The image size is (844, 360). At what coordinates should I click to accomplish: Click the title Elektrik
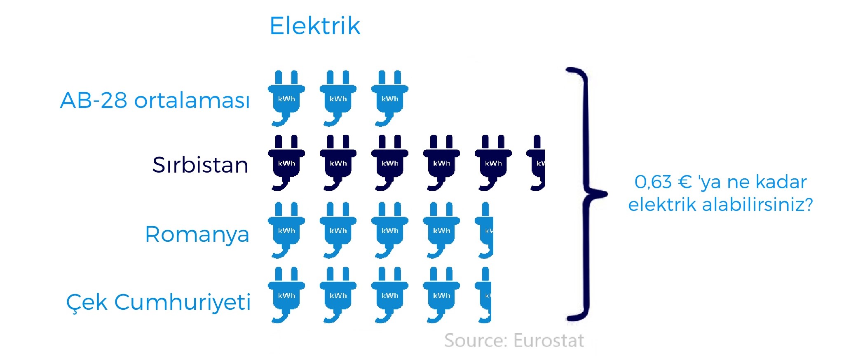(x=315, y=26)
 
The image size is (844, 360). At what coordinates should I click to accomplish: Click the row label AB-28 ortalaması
(x=155, y=100)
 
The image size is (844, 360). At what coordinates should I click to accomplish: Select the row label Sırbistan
(x=200, y=165)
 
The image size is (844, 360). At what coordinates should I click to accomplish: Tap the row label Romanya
(x=197, y=234)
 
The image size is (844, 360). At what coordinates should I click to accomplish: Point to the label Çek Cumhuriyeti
(x=158, y=302)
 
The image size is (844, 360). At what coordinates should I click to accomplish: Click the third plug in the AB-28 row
(x=389, y=98)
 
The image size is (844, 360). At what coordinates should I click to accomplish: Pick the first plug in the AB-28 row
(x=286, y=98)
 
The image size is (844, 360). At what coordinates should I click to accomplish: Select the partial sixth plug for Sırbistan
(x=537, y=162)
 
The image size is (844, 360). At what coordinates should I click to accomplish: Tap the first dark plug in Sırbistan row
(x=286, y=162)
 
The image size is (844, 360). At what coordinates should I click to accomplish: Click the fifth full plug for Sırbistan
(x=493, y=162)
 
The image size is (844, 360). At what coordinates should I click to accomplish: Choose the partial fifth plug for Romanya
(x=485, y=230)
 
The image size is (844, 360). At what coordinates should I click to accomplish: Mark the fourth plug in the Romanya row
(x=441, y=230)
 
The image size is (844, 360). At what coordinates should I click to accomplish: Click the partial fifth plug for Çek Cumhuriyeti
(x=484, y=295)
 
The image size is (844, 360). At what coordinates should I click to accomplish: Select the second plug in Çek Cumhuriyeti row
(x=338, y=295)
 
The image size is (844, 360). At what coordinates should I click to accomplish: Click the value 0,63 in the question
(x=653, y=182)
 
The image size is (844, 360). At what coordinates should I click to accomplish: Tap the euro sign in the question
(x=685, y=182)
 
